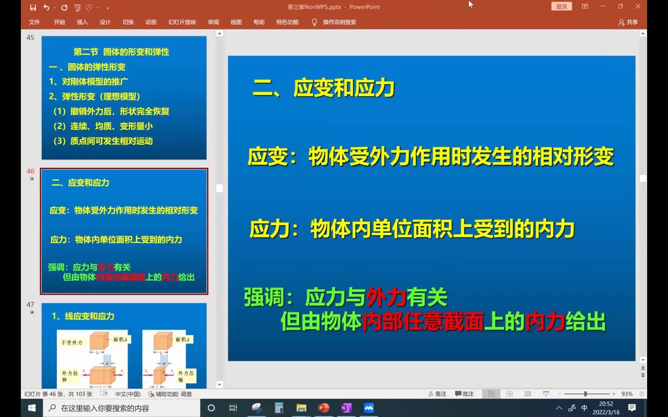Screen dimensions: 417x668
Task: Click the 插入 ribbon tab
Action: pos(82,22)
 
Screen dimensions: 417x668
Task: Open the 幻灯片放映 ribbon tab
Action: pos(182,22)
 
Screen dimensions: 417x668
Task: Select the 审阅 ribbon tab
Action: pos(213,22)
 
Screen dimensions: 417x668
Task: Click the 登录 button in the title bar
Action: pos(561,7)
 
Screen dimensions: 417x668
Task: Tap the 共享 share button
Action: pos(628,22)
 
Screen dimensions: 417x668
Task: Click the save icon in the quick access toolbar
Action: pos(33,7)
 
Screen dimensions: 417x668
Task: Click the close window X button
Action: pos(638,7)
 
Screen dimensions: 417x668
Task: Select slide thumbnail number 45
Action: pos(124,98)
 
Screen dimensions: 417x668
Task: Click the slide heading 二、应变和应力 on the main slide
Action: pos(324,88)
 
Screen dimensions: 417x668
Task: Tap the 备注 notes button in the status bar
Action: pos(437,394)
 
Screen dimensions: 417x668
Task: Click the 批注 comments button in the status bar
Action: pos(465,394)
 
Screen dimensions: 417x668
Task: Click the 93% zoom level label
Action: pos(627,394)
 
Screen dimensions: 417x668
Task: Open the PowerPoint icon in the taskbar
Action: pos(324,408)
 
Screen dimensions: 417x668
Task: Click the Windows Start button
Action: pos(32,408)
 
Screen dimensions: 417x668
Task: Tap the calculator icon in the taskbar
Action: pos(279,408)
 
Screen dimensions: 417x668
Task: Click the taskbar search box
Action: pos(124,408)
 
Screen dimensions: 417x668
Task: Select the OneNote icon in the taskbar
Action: pos(346,408)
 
